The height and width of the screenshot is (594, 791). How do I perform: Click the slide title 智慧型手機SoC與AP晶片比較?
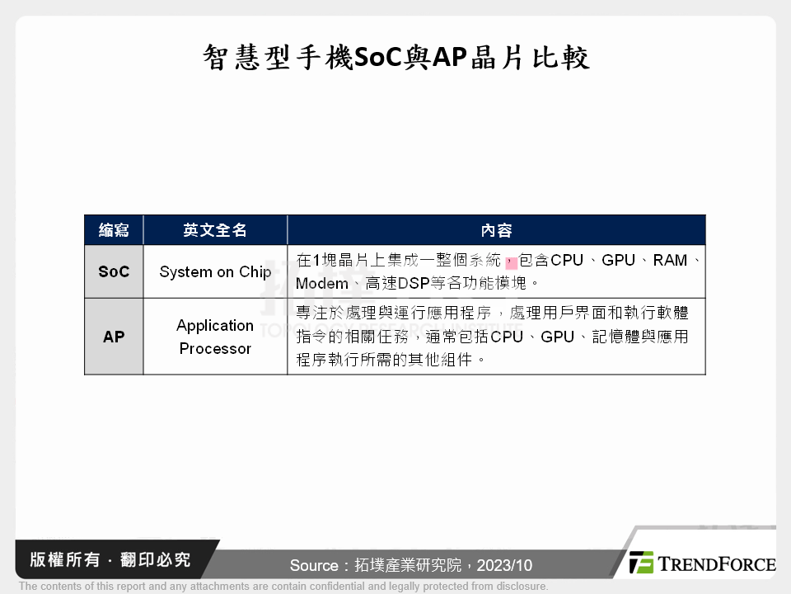pyautogui.click(x=396, y=57)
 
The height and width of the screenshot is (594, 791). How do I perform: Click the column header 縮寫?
pyautogui.click(x=114, y=230)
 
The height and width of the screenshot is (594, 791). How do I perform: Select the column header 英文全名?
pyautogui.click(x=215, y=230)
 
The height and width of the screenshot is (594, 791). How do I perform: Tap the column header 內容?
pyautogui.click(x=496, y=230)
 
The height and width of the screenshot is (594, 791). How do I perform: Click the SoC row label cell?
pyautogui.click(x=114, y=271)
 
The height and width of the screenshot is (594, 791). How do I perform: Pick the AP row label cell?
pyautogui.click(x=114, y=337)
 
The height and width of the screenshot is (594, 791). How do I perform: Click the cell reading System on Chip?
pyautogui.click(x=215, y=271)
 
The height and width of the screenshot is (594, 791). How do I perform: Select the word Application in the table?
pyautogui.click(x=215, y=326)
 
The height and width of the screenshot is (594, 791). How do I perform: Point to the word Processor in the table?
pyautogui.click(x=215, y=348)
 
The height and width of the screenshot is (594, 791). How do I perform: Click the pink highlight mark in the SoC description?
pyautogui.click(x=512, y=262)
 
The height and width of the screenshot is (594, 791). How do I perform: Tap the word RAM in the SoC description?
pyautogui.click(x=670, y=260)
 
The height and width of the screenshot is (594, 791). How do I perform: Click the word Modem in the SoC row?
pyautogui.click(x=322, y=283)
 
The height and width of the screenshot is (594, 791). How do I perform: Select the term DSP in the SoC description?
pyautogui.click(x=414, y=283)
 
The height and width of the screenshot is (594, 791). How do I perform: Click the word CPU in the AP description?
pyautogui.click(x=507, y=337)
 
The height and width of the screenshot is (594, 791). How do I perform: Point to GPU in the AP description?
pyautogui.click(x=558, y=337)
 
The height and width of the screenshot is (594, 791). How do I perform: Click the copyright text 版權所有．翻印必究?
pyautogui.click(x=110, y=559)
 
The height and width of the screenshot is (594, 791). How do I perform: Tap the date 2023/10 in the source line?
pyautogui.click(x=504, y=565)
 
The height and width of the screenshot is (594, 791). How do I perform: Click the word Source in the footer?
pyautogui.click(x=314, y=565)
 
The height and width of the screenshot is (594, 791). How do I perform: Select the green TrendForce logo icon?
pyautogui.click(x=641, y=562)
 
